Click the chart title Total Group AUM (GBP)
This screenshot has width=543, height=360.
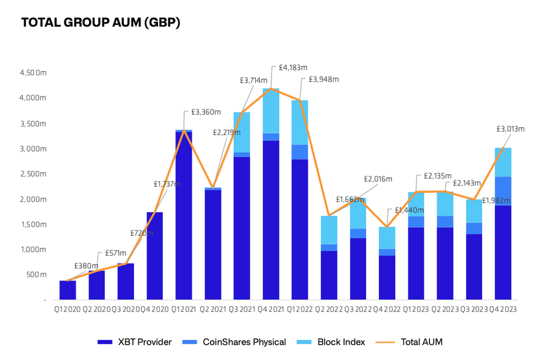tap(100, 23)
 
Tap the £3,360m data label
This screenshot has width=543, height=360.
tap(206, 112)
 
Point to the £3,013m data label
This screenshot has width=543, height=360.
tap(510, 128)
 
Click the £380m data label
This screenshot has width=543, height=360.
tap(86, 265)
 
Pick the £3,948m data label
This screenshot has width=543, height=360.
tap(323, 79)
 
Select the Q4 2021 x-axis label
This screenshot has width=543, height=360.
tap(270, 309)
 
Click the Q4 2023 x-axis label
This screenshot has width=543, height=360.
tap(503, 309)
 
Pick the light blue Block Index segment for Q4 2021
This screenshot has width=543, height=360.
tap(270, 111)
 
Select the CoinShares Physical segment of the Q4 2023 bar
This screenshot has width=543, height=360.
tap(503, 191)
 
